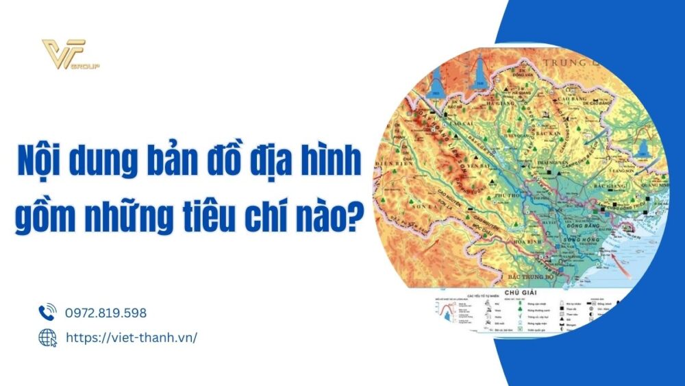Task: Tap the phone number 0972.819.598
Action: pos(105,313)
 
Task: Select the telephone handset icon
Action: pos(47,313)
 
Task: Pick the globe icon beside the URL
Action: pos(47,337)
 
